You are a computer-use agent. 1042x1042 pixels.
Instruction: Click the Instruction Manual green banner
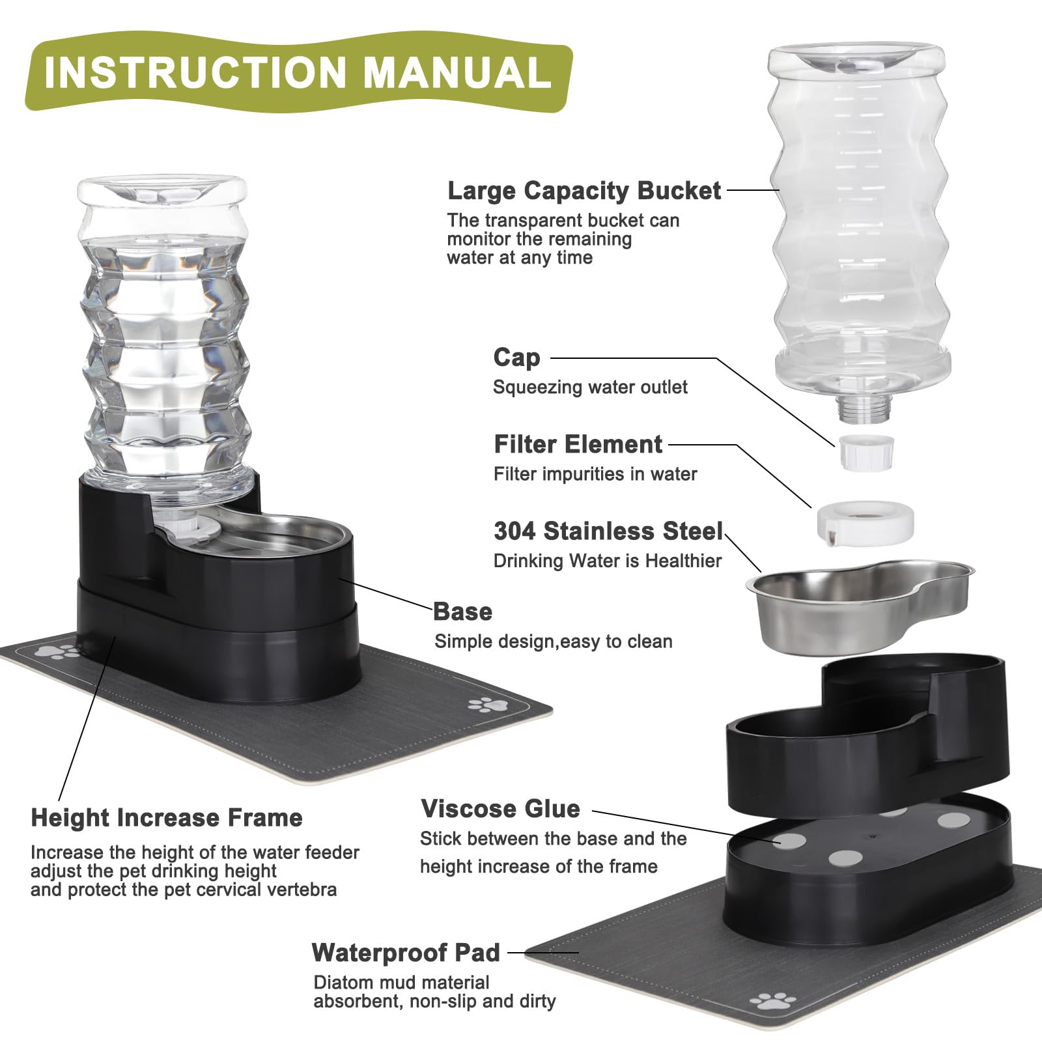(x=298, y=73)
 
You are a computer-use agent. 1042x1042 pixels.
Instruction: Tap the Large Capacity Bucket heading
(x=584, y=191)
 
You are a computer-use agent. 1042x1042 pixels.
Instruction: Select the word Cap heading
(x=516, y=358)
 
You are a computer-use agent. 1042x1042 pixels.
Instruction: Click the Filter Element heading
(x=578, y=444)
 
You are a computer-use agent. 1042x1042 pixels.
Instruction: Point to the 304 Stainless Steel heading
(x=608, y=531)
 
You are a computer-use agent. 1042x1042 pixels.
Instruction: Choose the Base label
(x=462, y=612)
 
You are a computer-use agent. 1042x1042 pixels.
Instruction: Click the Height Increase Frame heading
(x=167, y=818)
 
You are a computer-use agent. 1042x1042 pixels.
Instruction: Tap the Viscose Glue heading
(x=500, y=809)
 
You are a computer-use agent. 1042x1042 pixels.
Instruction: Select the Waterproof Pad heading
(x=406, y=953)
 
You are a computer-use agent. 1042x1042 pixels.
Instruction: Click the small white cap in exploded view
(x=866, y=453)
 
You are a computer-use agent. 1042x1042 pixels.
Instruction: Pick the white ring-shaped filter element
(x=865, y=521)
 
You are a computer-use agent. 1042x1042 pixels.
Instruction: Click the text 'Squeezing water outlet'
(x=590, y=387)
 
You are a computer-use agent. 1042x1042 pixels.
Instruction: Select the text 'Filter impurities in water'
(x=595, y=474)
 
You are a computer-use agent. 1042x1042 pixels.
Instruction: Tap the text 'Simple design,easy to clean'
(x=553, y=641)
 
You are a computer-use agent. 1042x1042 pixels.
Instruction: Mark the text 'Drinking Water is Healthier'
(x=608, y=561)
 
